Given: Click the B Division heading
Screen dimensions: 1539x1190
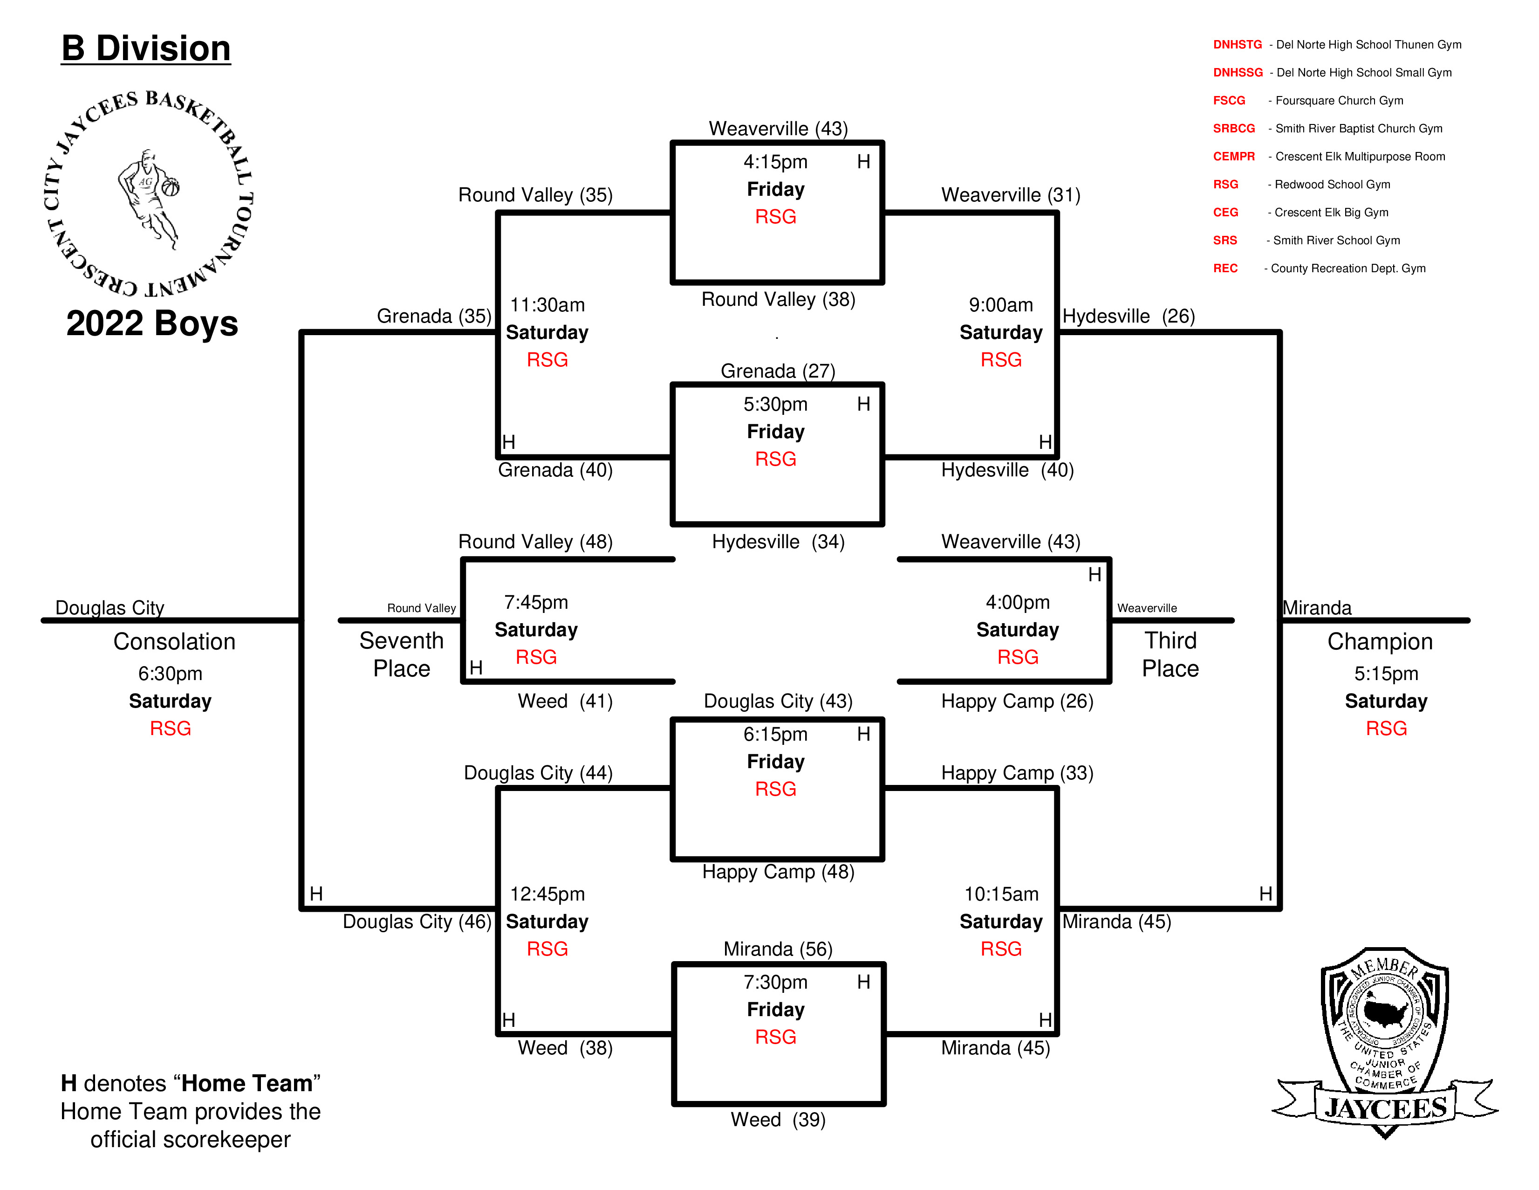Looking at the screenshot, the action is [x=146, y=48].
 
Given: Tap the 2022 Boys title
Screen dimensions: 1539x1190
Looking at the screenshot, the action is [x=152, y=323].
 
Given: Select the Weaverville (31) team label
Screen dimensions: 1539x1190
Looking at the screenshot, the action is [x=1011, y=195].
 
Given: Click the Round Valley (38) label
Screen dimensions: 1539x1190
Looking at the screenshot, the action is [x=778, y=300].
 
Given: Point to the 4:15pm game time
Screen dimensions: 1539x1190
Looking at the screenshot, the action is [x=775, y=162].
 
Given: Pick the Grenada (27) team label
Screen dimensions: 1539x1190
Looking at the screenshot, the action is [x=778, y=371].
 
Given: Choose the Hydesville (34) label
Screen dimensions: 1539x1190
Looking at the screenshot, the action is [x=778, y=542].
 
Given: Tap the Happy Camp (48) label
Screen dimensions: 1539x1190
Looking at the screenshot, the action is [x=778, y=872].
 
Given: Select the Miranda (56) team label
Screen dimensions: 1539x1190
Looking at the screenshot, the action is [x=778, y=949].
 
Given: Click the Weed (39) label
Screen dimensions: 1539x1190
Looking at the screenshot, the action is [x=778, y=1120].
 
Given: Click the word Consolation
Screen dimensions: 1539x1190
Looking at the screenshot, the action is [x=174, y=641].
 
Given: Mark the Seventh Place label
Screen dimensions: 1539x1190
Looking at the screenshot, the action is [x=402, y=654].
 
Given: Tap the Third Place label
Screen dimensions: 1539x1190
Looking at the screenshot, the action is [x=1170, y=654].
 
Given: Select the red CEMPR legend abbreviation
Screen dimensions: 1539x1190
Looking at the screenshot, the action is [x=1234, y=157].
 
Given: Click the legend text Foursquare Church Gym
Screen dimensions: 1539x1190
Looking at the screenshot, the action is [x=1339, y=101].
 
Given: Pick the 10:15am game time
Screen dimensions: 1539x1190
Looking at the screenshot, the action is [x=1001, y=894].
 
